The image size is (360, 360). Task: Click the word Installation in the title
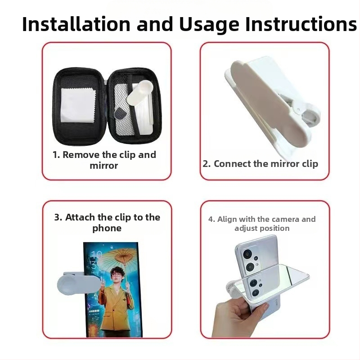pos(76,24)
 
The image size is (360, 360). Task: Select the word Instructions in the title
pos(301,24)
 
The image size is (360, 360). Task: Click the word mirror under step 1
pos(104,166)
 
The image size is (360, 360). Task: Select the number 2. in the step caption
pos(207,164)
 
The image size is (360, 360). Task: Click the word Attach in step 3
pos(80,217)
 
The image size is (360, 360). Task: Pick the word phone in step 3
pos(107,228)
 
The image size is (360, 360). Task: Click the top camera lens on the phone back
pos(247,254)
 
